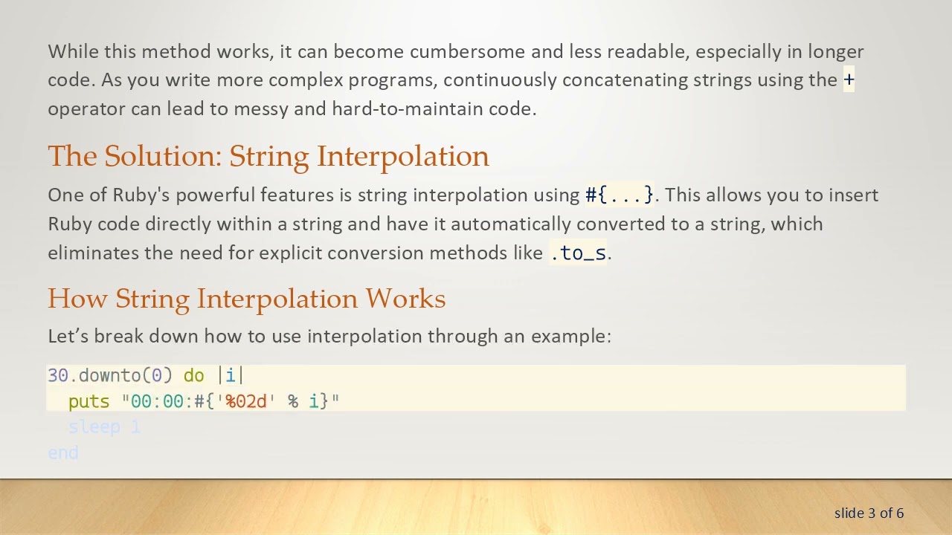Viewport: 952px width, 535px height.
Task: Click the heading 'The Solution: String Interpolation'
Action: click(268, 156)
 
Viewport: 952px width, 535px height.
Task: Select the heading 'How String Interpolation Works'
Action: click(246, 298)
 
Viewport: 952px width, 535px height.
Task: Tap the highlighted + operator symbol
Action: click(849, 80)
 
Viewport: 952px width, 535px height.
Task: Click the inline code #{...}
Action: click(620, 195)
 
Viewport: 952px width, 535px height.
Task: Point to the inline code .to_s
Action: click(579, 253)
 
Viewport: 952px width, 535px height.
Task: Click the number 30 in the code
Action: click(58, 375)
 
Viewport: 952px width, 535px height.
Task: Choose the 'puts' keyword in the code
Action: click(89, 401)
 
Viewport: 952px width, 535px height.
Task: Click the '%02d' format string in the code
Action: click(245, 401)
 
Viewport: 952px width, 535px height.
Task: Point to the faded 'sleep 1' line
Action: click(104, 427)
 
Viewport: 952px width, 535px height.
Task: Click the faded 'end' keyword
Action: click(63, 453)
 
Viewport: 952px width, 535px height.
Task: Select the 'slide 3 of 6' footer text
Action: click(869, 513)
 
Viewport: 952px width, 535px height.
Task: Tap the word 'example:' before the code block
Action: click(570, 336)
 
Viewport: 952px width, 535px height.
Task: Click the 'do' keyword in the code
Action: click(193, 375)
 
